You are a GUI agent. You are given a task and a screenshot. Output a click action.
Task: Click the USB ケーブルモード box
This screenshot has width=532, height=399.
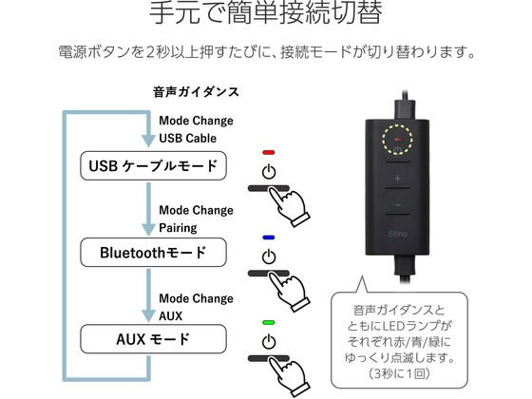point(153,165)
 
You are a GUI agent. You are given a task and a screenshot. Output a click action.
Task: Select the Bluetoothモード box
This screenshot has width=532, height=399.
point(153,253)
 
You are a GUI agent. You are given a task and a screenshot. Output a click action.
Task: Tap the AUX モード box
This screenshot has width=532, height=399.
point(153,339)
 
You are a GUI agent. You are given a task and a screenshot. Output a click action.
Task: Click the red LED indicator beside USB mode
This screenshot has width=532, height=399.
point(268,153)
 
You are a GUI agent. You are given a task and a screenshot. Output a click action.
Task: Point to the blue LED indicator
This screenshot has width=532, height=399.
point(268,237)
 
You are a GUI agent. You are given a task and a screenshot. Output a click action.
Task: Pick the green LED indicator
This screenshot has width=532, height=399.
point(268,322)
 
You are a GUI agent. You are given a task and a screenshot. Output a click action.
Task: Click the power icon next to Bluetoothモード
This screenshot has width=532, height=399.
point(269,256)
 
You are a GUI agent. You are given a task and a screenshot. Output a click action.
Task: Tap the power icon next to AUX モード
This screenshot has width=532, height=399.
point(269,342)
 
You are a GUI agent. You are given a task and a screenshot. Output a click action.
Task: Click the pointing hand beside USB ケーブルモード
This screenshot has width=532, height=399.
point(289,206)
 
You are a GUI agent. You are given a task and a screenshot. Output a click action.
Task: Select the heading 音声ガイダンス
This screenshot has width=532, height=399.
point(196,92)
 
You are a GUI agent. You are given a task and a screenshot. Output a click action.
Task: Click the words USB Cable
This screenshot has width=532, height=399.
point(188,138)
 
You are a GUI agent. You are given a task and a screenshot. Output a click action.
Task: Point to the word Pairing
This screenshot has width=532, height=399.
point(178,228)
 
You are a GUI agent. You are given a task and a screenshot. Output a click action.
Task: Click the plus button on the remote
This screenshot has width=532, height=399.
point(398,179)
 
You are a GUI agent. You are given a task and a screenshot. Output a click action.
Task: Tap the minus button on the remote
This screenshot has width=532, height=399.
point(398,205)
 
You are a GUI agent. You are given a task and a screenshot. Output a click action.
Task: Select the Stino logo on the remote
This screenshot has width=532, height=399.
point(397,234)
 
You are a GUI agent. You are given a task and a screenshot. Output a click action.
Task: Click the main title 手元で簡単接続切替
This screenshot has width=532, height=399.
point(266,12)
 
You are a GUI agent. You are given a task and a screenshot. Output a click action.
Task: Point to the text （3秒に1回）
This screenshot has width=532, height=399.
point(399,373)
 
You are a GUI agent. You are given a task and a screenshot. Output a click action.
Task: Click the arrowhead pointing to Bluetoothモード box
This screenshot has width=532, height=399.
point(148,229)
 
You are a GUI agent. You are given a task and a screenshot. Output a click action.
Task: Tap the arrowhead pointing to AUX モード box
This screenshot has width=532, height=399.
point(148,315)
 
